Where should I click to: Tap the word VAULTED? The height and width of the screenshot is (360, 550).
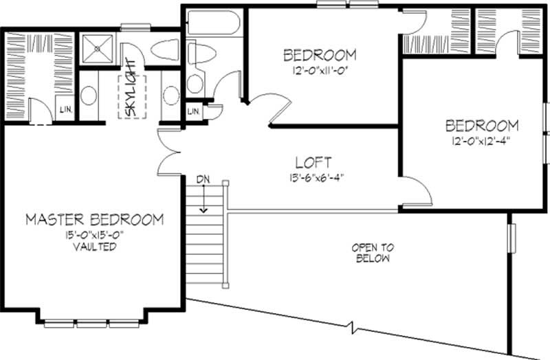coord(95,247)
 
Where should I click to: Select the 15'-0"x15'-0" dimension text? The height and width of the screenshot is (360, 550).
coord(95,235)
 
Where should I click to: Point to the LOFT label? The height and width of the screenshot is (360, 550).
coord(313,163)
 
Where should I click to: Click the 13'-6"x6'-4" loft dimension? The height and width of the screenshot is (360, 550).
coord(313,176)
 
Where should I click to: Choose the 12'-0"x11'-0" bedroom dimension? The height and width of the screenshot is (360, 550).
coord(320,68)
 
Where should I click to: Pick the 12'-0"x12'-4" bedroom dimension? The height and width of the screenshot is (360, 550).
coord(481,139)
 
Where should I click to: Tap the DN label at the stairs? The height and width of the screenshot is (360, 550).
coord(203,180)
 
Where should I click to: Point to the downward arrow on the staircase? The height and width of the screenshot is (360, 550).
coord(203,201)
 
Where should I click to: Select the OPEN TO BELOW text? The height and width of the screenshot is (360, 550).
coord(371,253)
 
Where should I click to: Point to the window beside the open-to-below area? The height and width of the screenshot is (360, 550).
coord(511,237)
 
